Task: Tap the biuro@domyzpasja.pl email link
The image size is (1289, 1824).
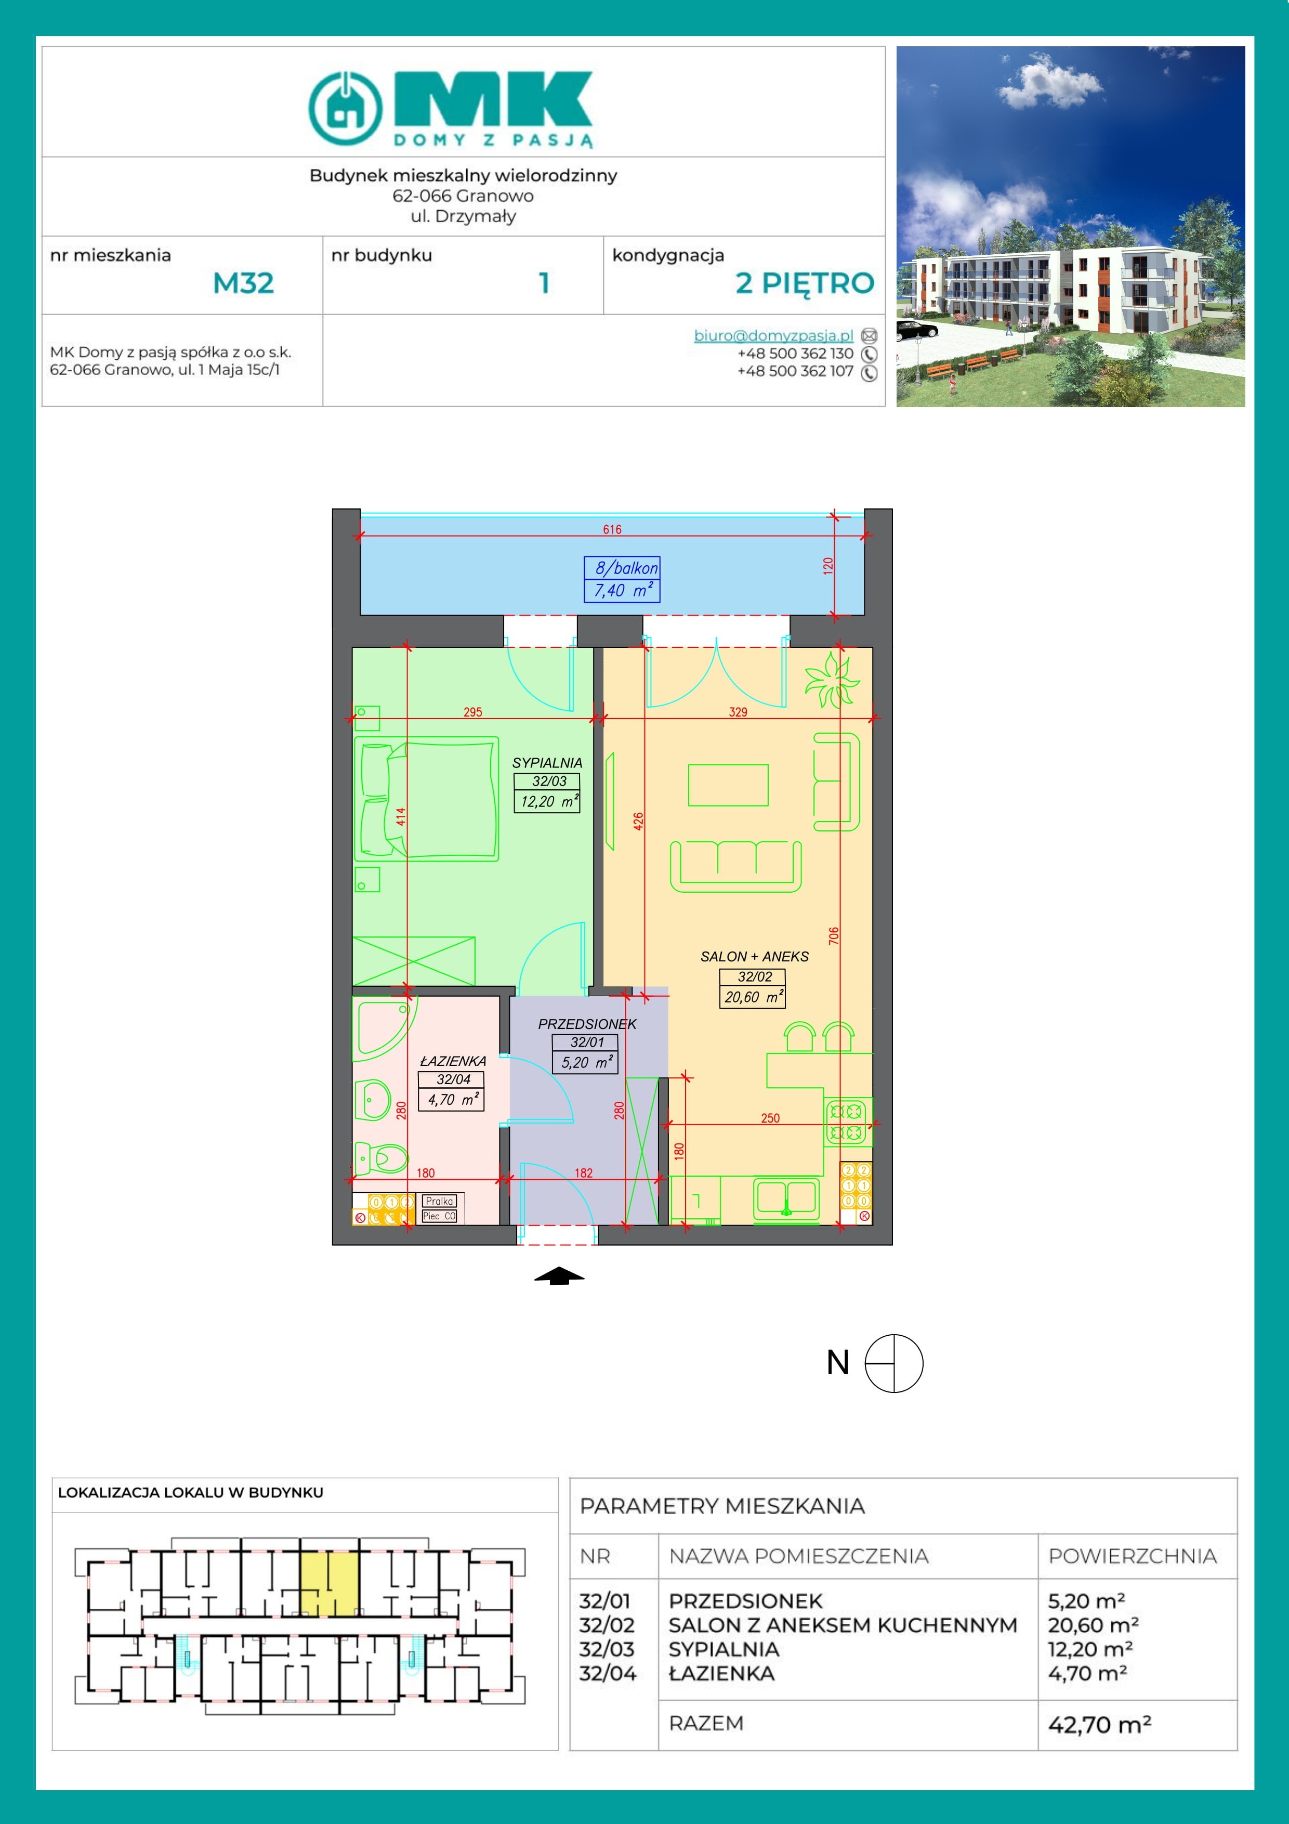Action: (773, 335)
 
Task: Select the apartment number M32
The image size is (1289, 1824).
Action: (243, 283)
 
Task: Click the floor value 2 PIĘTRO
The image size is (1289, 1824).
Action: (805, 283)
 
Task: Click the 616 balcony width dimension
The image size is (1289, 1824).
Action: (612, 529)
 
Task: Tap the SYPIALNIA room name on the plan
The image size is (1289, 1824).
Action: (547, 763)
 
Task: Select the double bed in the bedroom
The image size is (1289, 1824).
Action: (427, 799)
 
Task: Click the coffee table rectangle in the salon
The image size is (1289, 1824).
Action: (728, 785)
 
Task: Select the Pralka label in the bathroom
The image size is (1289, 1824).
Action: (439, 1201)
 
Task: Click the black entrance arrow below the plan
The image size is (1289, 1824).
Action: (559, 1275)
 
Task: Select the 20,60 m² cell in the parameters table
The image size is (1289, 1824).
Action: (1093, 1625)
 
